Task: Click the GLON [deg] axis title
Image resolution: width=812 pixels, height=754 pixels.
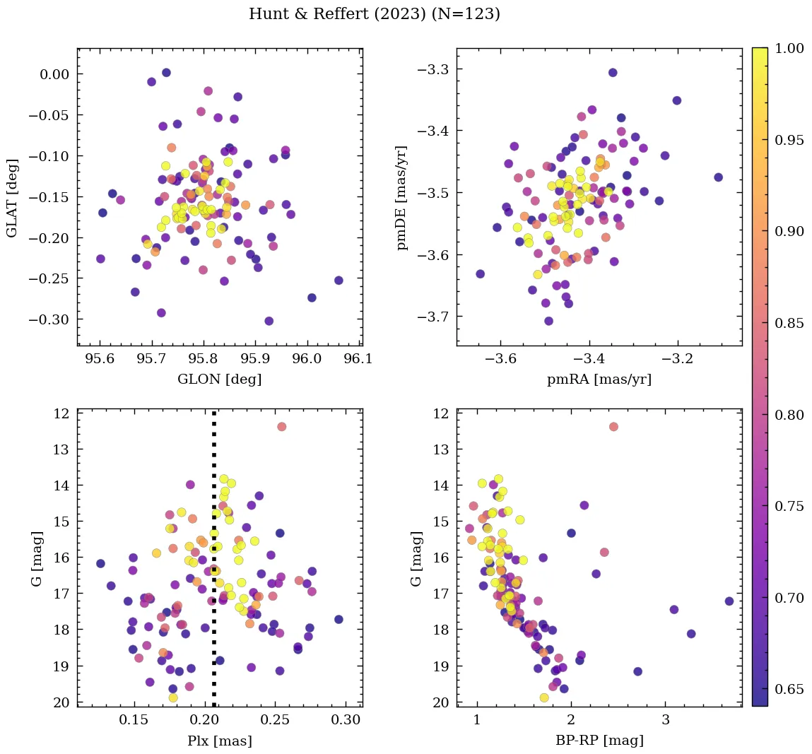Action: (220, 379)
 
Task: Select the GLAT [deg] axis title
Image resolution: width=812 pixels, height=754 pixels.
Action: (12, 198)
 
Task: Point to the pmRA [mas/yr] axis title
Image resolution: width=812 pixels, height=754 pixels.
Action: (599, 379)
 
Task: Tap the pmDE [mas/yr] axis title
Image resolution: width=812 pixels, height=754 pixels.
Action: (402, 198)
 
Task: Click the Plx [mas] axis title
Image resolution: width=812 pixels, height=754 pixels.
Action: (220, 741)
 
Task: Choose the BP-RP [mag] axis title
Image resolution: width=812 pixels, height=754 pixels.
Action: (599, 741)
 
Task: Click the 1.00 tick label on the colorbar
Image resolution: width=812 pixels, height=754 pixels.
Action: (789, 48)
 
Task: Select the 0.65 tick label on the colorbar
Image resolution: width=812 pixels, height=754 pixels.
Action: (789, 689)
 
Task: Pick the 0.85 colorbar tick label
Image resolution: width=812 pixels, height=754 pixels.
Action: (789, 323)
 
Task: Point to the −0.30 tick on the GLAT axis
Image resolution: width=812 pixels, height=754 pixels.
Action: (50, 319)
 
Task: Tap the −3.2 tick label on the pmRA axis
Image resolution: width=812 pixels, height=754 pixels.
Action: (678, 359)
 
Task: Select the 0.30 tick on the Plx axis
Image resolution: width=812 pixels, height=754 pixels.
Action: (346, 720)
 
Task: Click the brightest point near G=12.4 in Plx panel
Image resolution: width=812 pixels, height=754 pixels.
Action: (281, 426)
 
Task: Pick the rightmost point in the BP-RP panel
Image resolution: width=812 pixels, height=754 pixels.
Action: (729, 601)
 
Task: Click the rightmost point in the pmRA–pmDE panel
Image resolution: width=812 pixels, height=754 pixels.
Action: (718, 177)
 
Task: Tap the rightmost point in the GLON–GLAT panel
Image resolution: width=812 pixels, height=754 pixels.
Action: (339, 281)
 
